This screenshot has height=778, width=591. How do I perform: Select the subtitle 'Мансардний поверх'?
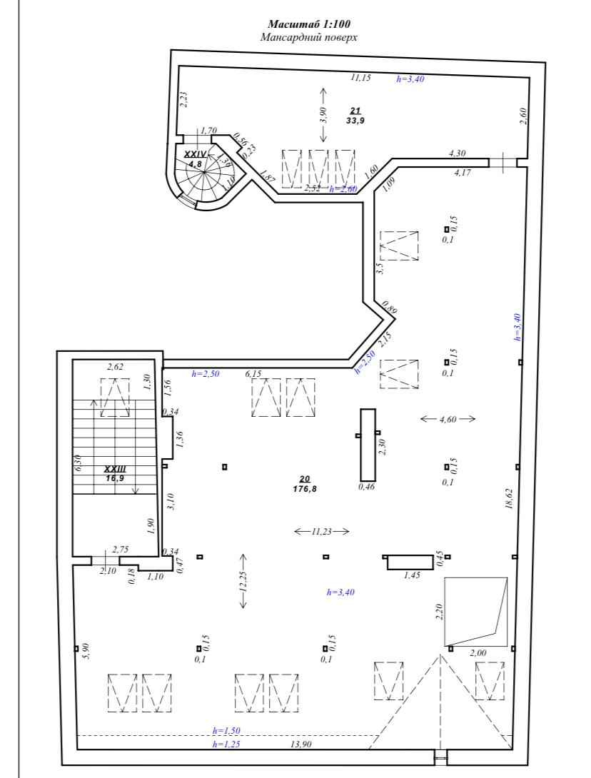tap(308, 37)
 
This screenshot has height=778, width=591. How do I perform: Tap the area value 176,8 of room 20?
tap(305, 489)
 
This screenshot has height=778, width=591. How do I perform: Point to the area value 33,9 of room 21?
tap(355, 120)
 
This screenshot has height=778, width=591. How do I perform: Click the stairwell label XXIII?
tap(116, 469)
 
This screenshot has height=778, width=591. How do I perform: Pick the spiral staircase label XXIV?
tap(195, 154)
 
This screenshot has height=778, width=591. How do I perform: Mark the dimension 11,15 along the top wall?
tap(360, 77)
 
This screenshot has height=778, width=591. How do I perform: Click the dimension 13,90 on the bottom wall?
tap(300, 744)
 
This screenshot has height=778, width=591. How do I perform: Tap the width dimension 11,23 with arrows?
tap(321, 532)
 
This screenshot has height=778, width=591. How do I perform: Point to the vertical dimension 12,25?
tap(243, 581)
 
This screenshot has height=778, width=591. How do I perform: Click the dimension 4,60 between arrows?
tap(448, 419)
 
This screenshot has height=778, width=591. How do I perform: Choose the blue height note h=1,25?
tap(226, 744)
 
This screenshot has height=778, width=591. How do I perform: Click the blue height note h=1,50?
tap(226, 731)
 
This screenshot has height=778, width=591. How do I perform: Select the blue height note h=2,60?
tap(343, 189)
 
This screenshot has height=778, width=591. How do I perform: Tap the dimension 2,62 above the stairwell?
tap(115, 367)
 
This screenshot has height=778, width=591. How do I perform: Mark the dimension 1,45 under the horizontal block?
tap(412, 575)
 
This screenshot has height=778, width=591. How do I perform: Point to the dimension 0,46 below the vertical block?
tap(367, 487)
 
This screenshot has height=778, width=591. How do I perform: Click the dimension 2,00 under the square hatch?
tap(478, 653)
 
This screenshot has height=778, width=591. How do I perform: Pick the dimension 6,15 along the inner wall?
tap(253, 373)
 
